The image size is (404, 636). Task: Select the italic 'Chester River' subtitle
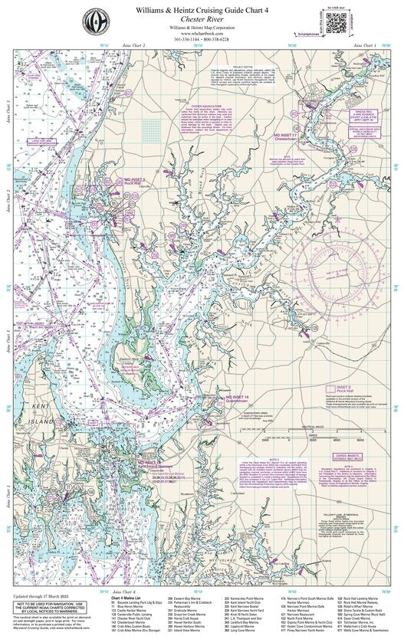point(202,22)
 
